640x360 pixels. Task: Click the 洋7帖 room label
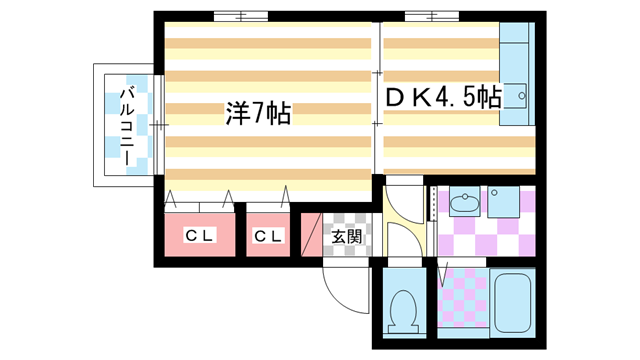(x=258, y=115)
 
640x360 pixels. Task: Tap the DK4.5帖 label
(x=444, y=97)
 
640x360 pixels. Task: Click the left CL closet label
(x=200, y=236)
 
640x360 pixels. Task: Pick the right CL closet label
(x=268, y=236)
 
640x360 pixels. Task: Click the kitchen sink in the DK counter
(x=519, y=96)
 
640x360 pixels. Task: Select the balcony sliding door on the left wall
(x=158, y=122)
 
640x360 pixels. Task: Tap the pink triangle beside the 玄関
(x=310, y=236)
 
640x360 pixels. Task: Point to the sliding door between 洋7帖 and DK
(x=377, y=100)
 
